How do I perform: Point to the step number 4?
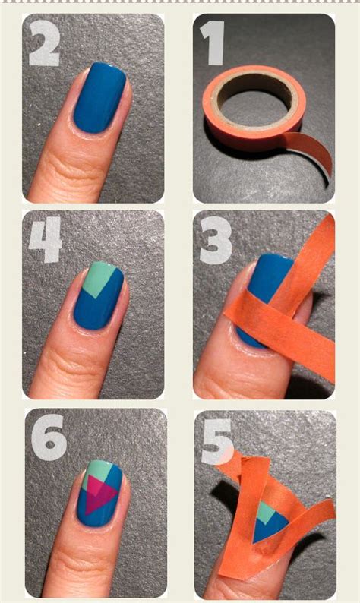click(x=46, y=241)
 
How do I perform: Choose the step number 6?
click(x=48, y=438)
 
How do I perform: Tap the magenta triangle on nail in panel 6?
click(x=99, y=497)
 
